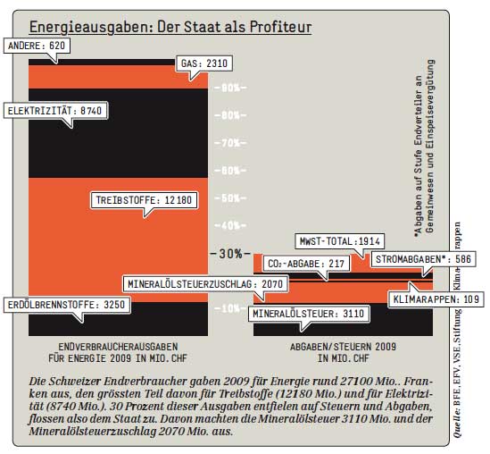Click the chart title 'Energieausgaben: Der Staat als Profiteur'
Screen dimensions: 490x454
[170, 27]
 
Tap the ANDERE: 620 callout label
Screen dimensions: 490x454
[37, 46]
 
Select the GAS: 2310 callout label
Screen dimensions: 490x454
[204, 63]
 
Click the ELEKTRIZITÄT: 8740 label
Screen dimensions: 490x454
[55, 111]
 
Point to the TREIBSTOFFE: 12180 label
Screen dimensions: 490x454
[144, 200]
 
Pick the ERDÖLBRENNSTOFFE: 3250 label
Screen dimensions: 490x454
[67, 305]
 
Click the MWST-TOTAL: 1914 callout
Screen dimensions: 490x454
[340, 241]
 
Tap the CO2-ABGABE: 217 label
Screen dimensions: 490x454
[306, 264]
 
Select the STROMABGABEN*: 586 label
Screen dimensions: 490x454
[423, 259]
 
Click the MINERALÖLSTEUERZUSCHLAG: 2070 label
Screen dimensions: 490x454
[205, 284]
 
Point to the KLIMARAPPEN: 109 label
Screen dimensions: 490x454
[436, 299]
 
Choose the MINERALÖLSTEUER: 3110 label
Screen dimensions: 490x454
[309, 314]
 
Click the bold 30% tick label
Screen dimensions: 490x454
[230, 254]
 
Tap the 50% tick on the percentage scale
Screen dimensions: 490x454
[230, 198]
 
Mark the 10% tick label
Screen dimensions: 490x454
[230, 309]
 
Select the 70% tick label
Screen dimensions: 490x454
[230, 143]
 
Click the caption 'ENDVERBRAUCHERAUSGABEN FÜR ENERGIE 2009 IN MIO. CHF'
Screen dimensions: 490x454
[118, 352]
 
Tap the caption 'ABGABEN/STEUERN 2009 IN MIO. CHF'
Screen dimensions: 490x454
[343, 352]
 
